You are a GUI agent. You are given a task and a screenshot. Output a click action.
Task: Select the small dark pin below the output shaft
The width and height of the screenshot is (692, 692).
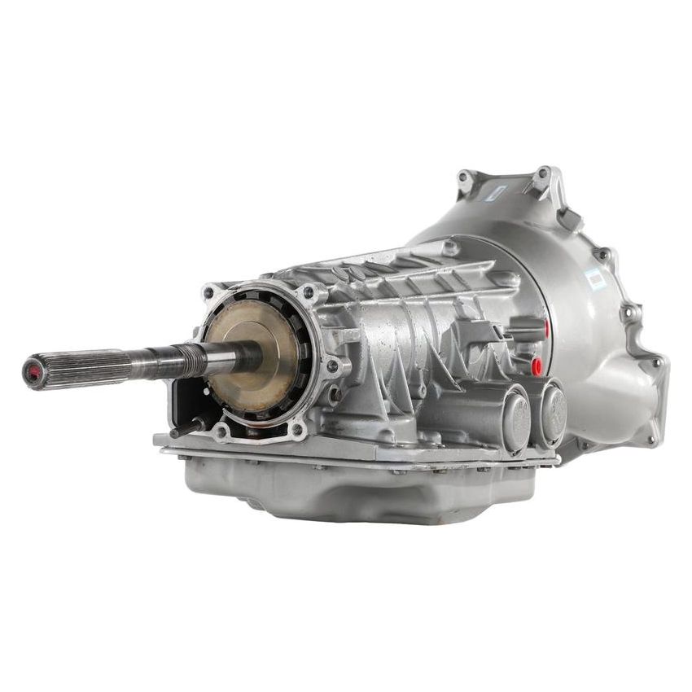[183, 427]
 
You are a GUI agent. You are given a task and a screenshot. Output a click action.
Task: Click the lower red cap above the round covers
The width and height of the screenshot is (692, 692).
[537, 366]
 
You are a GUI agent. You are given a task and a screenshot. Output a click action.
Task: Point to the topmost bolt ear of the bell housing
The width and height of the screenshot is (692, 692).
[541, 175]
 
